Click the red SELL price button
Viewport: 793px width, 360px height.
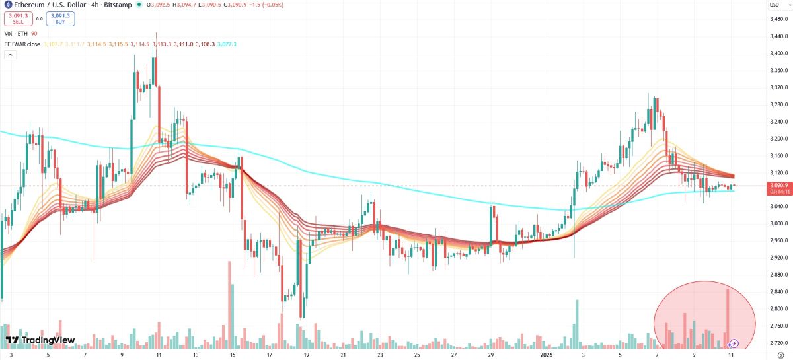18,18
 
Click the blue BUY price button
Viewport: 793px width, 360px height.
60,18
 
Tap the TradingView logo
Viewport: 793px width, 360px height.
40,340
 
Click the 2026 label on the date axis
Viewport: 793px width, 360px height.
546,355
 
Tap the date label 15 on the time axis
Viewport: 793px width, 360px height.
233,355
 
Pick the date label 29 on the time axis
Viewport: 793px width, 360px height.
490,355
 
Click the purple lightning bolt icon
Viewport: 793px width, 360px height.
734,343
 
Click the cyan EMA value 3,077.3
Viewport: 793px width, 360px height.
226,44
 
